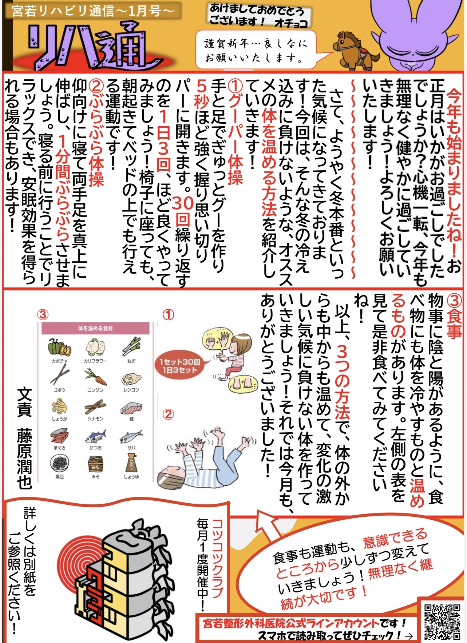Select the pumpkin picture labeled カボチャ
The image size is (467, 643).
click(x=59, y=347)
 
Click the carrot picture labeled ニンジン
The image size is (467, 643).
click(x=96, y=377)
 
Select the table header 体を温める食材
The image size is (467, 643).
click(x=95, y=328)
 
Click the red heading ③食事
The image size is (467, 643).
click(x=454, y=317)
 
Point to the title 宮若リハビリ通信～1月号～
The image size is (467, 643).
click(x=93, y=11)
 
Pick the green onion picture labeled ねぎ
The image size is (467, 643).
click(x=131, y=347)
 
